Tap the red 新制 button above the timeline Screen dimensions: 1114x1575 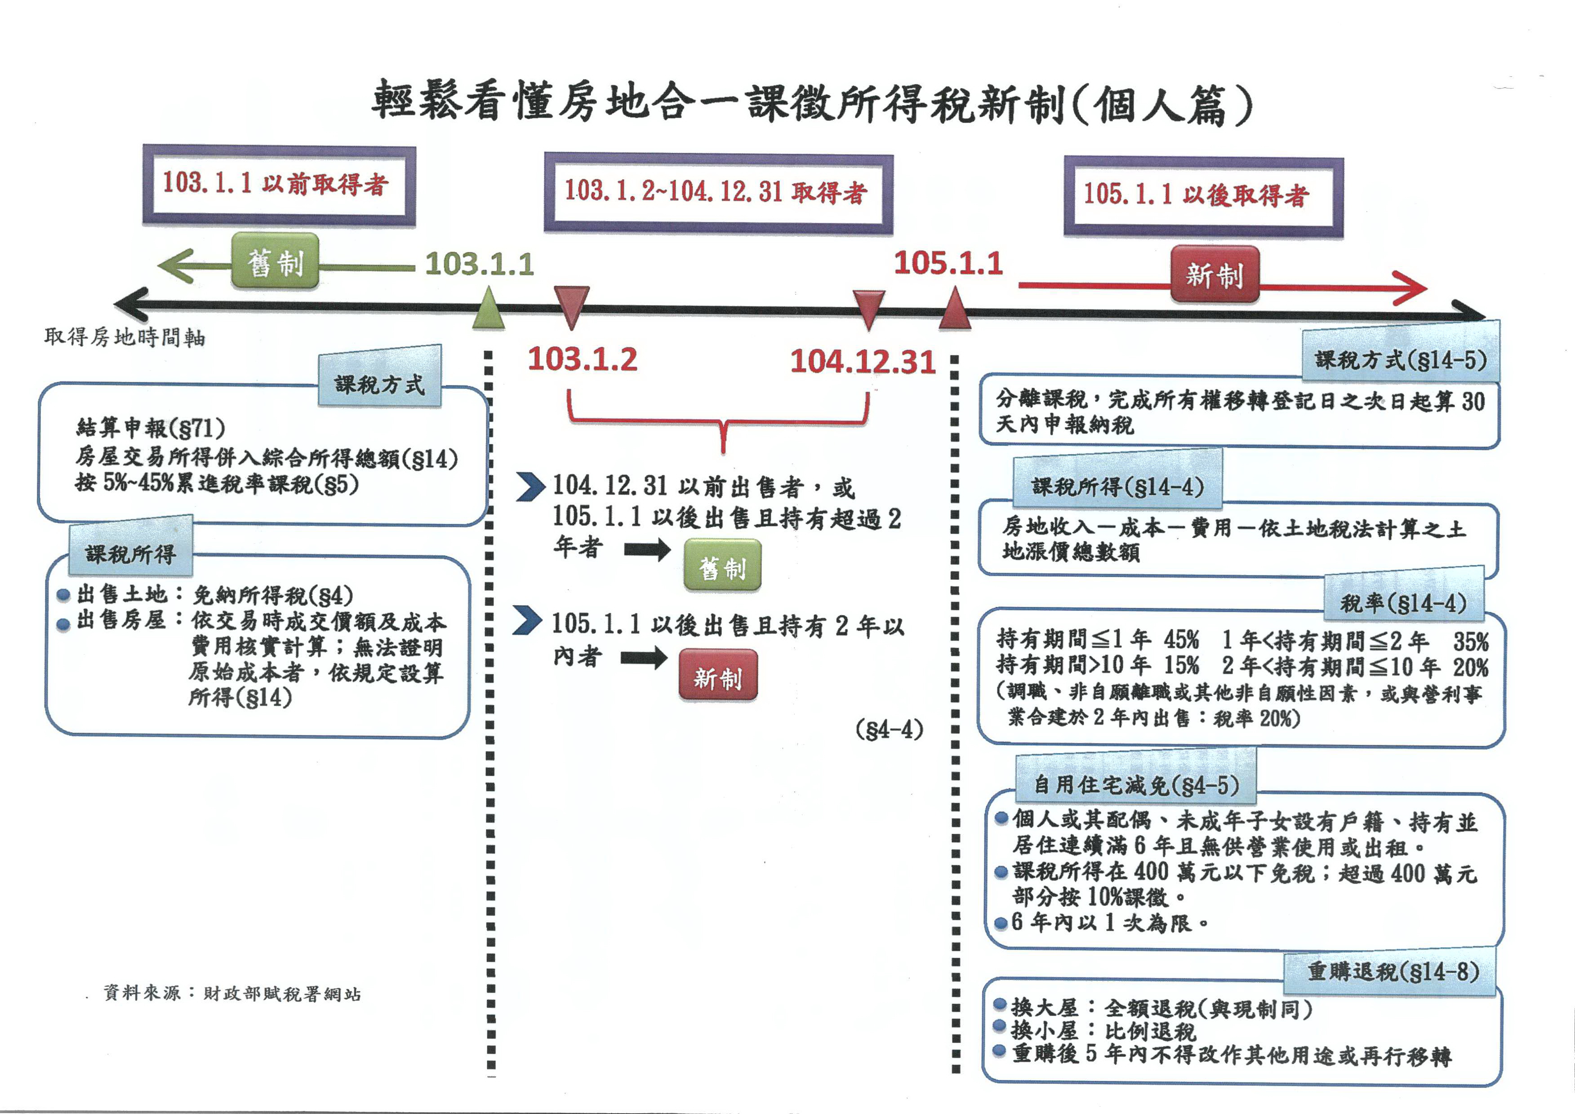click(1214, 275)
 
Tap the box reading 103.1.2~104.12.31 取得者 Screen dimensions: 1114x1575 click(718, 193)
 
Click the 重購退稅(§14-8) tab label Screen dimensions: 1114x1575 click(1392, 971)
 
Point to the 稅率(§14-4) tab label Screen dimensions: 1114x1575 click(1403, 604)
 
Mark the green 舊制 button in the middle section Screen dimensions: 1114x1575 click(722, 566)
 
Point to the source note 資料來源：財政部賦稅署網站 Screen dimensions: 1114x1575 click(232, 993)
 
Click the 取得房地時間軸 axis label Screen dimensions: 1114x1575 click(125, 337)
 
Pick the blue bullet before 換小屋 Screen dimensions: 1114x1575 click(1000, 1027)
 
